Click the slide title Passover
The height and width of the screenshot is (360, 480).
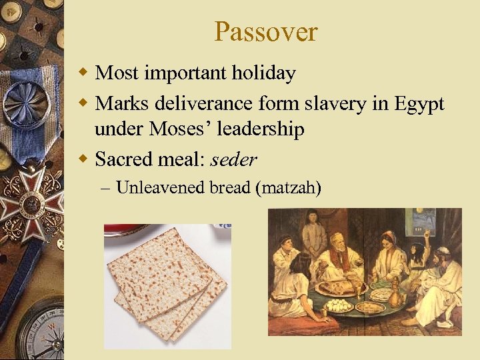click(266, 31)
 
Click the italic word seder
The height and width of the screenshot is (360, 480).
click(233, 159)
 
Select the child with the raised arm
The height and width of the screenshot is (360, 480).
click(420, 253)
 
